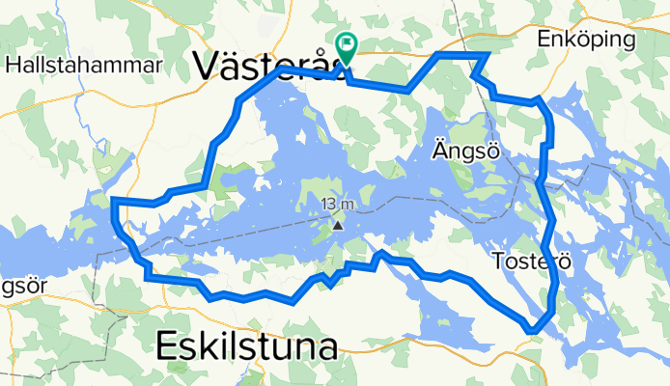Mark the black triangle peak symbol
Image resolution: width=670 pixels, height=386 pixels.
(x=338, y=225)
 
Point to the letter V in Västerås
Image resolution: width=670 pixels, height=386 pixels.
(x=207, y=65)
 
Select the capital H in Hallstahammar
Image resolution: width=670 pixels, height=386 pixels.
(x=13, y=66)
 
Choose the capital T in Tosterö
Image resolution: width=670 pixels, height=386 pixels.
(x=498, y=261)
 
